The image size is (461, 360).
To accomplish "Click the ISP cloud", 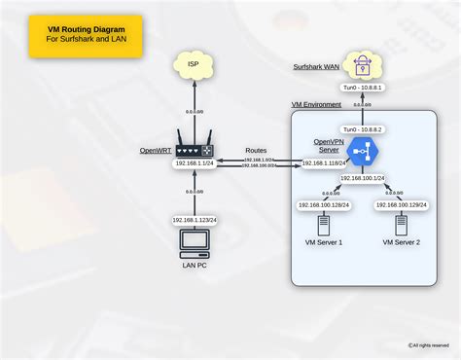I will [x=195, y=66].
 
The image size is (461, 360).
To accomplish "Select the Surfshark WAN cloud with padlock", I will [x=361, y=65].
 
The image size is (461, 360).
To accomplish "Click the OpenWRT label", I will [x=157, y=151].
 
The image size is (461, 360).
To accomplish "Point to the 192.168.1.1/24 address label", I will [x=195, y=163].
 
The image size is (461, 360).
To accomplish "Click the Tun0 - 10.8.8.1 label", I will [x=361, y=89].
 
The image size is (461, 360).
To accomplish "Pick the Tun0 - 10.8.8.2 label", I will [x=361, y=128].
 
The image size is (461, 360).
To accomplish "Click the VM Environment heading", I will [x=316, y=103].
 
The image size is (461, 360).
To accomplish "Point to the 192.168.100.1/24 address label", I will [x=362, y=179].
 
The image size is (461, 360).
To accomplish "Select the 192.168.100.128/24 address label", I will [x=324, y=205].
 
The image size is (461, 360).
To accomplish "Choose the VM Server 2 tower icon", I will [x=401, y=225].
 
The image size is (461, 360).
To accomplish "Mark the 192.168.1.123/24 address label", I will [x=195, y=221].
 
